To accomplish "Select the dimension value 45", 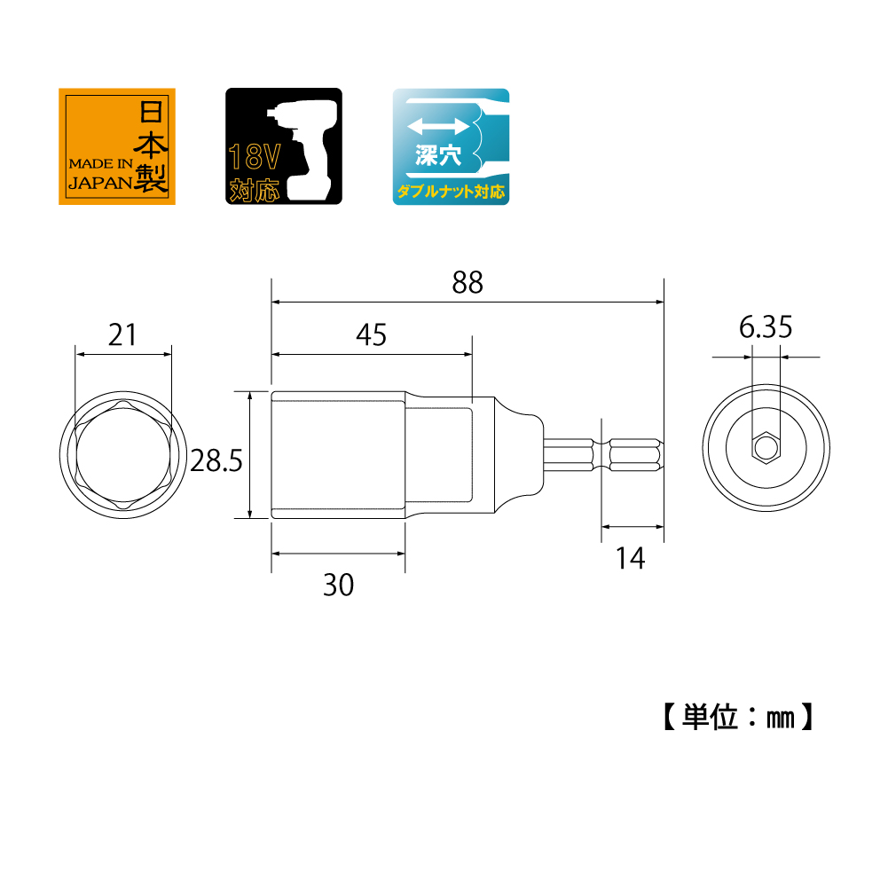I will (x=371, y=334).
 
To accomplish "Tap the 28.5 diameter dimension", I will (x=217, y=461).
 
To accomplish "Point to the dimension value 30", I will (x=338, y=585).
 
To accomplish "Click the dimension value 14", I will (x=631, y=558).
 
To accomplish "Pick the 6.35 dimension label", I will (x=765, y=328).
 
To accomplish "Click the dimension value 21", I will (x=122, y=334).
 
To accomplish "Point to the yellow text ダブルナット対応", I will (x=451, y=190).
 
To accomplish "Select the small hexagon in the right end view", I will (x=764, y=448).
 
